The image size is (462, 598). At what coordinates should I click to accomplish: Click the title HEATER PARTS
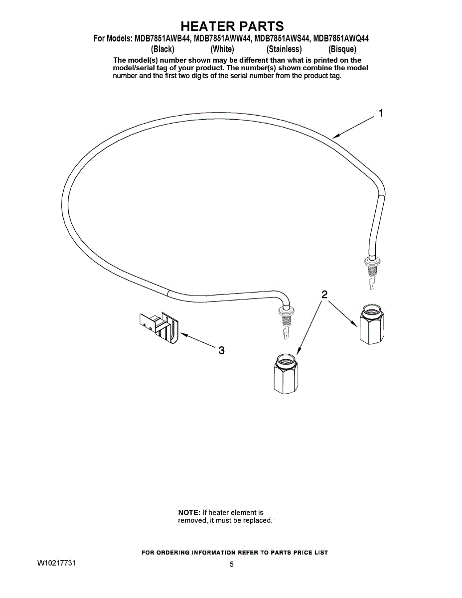(232, 26)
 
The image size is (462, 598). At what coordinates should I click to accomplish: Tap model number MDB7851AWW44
(222, 38)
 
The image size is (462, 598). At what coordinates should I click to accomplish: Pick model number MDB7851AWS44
(282, 38)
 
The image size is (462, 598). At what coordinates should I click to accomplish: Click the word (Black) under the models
(162, 49)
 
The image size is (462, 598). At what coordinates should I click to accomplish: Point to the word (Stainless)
(284, 49)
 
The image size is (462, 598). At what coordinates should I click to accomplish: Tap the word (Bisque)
(342, 49)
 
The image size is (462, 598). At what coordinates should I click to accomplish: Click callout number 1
(381, 113)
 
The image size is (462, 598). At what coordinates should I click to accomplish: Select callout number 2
(324, 295)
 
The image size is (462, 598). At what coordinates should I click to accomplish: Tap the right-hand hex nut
(372, 324)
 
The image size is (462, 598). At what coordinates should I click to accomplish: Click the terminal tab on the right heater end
(372, 286)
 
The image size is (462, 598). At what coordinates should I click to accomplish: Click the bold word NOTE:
(189, 512)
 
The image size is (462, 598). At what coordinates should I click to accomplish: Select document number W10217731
(57, 563)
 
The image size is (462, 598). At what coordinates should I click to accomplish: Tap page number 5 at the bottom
(232, 565)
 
